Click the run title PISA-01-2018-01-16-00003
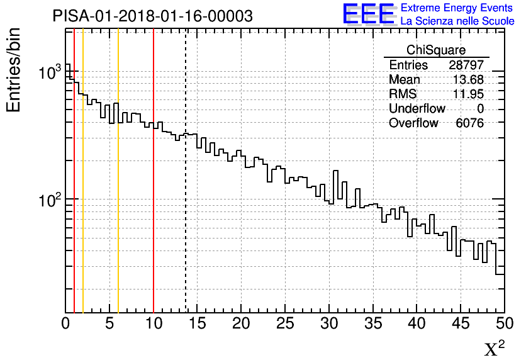(x=153, y=16)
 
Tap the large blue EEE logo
(x=368, y=14)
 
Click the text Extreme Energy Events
(x=457, y=8)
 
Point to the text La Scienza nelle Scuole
(x=457, y=21)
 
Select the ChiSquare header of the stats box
(x=436, y=50)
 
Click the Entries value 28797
(x=466, y=65)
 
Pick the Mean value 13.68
(x=469, y=80)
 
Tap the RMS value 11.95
(x=469, y=94)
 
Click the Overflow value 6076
(x=469, y=123)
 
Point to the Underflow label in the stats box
(x=417, y=109)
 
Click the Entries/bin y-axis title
(x=14, y=70)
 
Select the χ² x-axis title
(x=495, y=348)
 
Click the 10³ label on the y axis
(x=48, y=73)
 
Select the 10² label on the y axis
(x=48, y=201)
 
